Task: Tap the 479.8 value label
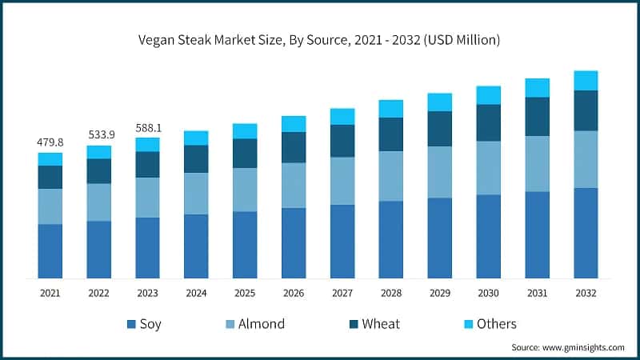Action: point(50,142)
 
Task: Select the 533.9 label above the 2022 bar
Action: point(99,134)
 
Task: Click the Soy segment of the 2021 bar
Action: point(50,251)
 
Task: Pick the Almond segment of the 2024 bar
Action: point(196,193)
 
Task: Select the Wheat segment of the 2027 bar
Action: point(342,141)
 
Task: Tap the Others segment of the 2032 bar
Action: point(586,80)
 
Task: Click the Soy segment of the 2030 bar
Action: point(489,236)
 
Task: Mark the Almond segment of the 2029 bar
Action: point(440,172)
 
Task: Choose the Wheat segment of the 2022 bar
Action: point(99,171)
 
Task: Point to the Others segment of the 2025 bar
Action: point(245,131)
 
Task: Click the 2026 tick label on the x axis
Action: point(294,294)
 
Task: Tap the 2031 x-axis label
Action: point(538,294)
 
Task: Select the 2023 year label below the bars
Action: point(147,294)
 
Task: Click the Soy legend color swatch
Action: point(130,324)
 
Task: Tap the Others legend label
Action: point(496,324)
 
